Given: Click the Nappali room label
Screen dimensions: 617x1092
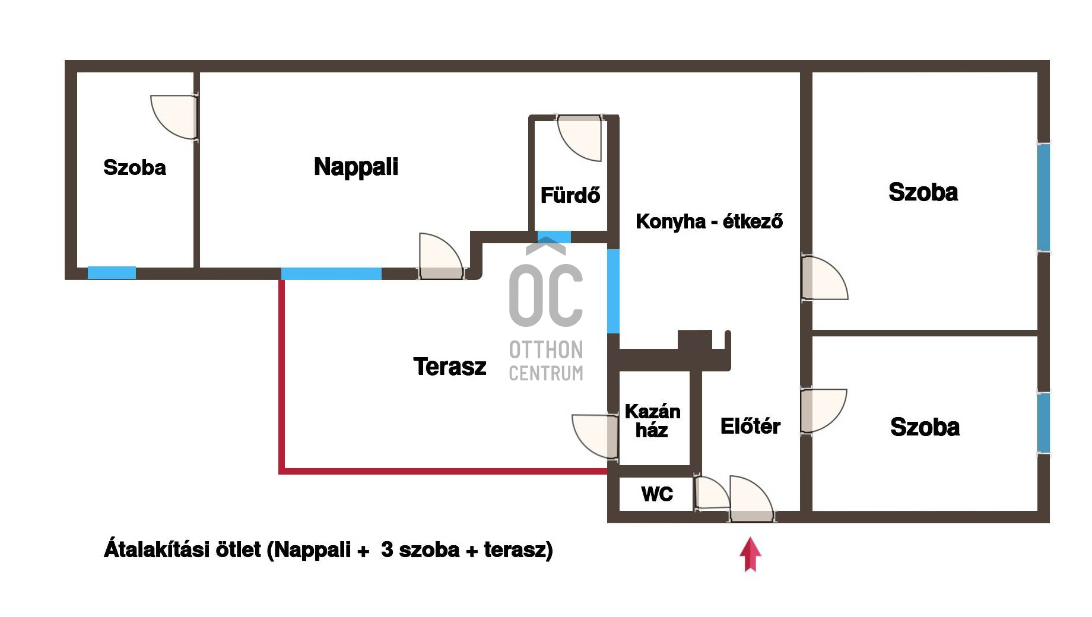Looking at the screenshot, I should [x=355, y=167].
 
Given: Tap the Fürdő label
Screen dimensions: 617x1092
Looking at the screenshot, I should [x=570, y=195].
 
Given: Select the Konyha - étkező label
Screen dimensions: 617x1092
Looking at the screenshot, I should [x=709, y=222].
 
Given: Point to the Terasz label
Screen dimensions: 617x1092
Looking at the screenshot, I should [x=449, y=367].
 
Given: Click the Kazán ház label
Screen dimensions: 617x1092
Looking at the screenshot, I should [x=652, y=421].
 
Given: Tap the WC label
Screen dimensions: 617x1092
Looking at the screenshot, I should [x=657, y=494].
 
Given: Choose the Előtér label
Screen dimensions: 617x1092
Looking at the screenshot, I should [x=750, y=426].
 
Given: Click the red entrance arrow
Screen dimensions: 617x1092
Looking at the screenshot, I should [x=750, y=554].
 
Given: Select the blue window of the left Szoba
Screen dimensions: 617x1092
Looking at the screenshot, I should [x=112, y=273].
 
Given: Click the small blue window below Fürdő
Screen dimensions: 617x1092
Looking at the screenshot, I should [x=554, y=237].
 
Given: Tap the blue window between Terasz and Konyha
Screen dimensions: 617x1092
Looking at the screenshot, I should [x=613, y=291].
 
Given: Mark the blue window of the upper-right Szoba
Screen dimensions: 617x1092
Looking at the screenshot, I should [x=1043, y=198].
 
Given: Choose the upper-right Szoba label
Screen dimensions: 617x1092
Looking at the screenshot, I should [x=923, y=192].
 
